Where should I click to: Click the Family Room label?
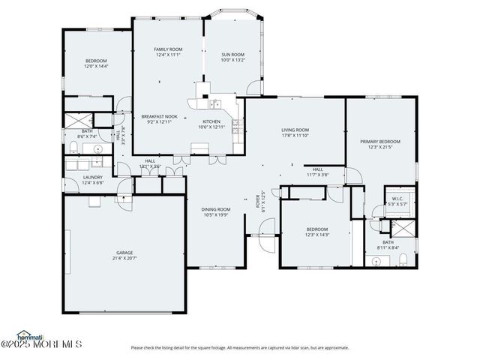(x=169, y=49)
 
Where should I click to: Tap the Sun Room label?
(x=232, y=55)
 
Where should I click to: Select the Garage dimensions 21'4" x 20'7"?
(x=124, y=258)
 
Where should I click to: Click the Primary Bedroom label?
(x=379, y=142)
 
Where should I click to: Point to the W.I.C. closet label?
(x=397, y=199)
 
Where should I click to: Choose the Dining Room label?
(x=215, y=209)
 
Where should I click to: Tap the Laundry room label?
(x=93, y=177)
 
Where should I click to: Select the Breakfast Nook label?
(x=159, y=116)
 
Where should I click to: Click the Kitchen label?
(x=211, y=121)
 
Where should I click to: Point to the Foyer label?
(x=257, y=201)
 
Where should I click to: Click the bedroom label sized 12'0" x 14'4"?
(x=96, y=61)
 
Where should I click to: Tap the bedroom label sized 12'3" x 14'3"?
(x=317, y=229)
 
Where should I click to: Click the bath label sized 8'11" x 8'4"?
(x=388, y=242)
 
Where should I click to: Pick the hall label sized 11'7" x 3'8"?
(x=318, y=169)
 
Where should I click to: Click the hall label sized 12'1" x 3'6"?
(x=150, y=160)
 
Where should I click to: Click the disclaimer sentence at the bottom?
(x=239, y=347)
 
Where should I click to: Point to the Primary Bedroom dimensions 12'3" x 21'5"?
(x=379, y=147)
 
